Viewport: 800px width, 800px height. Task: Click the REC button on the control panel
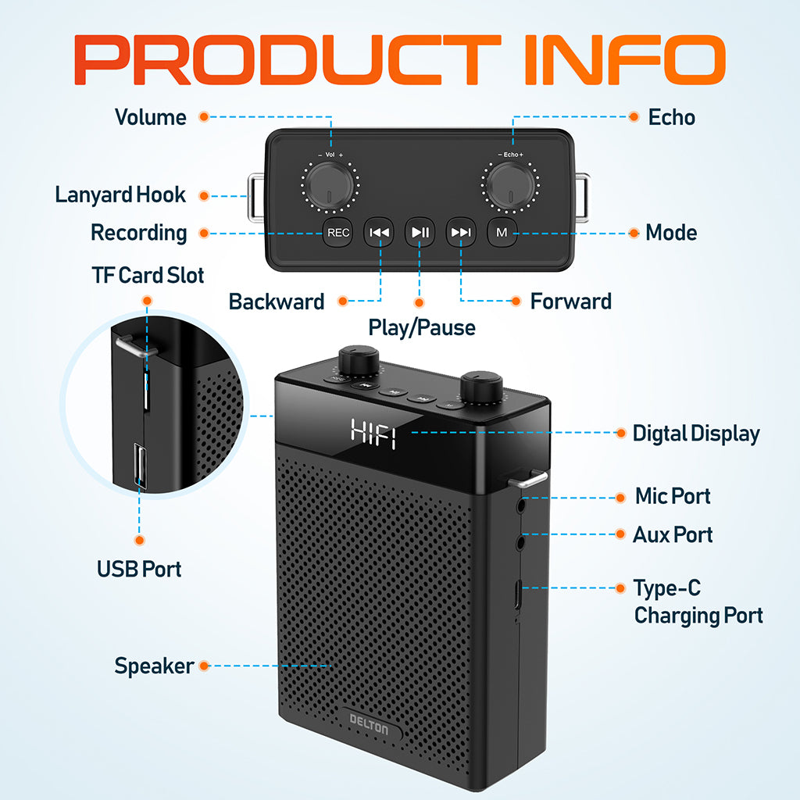(337, 233)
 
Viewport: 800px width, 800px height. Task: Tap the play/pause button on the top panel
(420, 233)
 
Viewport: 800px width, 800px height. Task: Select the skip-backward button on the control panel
(379, 233)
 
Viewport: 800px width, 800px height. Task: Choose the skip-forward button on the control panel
(461, 233)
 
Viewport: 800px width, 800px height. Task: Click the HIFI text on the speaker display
(373, 434)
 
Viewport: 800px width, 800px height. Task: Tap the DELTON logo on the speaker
(369, 724)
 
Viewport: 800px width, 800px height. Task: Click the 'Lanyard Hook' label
(120, 195)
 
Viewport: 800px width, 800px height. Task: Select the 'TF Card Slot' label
(148, 275)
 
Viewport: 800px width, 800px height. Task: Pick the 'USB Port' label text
(139, 569)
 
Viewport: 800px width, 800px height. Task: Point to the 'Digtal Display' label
(696, 434)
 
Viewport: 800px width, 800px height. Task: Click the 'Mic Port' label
(673, 496)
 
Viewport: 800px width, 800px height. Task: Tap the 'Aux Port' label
(673, 534)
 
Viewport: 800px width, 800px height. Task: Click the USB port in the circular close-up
(140, 466)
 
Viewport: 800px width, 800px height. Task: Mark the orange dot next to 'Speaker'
(204, 666)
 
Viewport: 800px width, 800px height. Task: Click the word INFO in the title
(625, 59)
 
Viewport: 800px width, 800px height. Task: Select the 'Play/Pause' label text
(422, 327)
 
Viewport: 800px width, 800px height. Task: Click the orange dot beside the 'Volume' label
(204, 117)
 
